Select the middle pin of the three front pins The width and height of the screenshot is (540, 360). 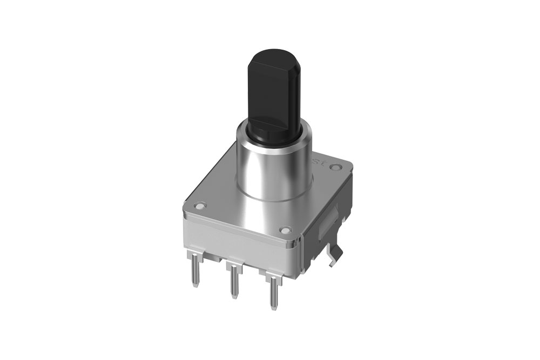click(x=234, y=281)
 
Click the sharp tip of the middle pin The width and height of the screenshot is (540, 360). click(x=234, y=296)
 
